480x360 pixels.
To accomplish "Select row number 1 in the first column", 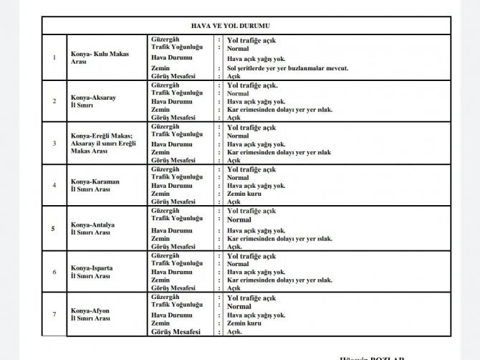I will (x=54, y=57).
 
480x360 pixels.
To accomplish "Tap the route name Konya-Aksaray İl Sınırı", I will (x=94, y=100).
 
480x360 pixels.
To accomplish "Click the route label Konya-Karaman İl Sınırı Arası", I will (x=95, y=185).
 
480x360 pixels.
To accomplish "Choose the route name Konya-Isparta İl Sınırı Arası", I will (x=94, y=272).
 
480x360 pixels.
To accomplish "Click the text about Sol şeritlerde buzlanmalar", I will (x=287, y=67).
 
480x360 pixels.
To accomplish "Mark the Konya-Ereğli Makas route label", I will (x=103, y=143).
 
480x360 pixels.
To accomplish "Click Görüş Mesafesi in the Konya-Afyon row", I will (x=176, y=332).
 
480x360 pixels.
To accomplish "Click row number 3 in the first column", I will (x=54, y=143).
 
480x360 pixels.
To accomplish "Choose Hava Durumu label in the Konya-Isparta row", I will (x=172, y=273).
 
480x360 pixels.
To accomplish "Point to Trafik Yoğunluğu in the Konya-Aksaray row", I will (x=177, y=93).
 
